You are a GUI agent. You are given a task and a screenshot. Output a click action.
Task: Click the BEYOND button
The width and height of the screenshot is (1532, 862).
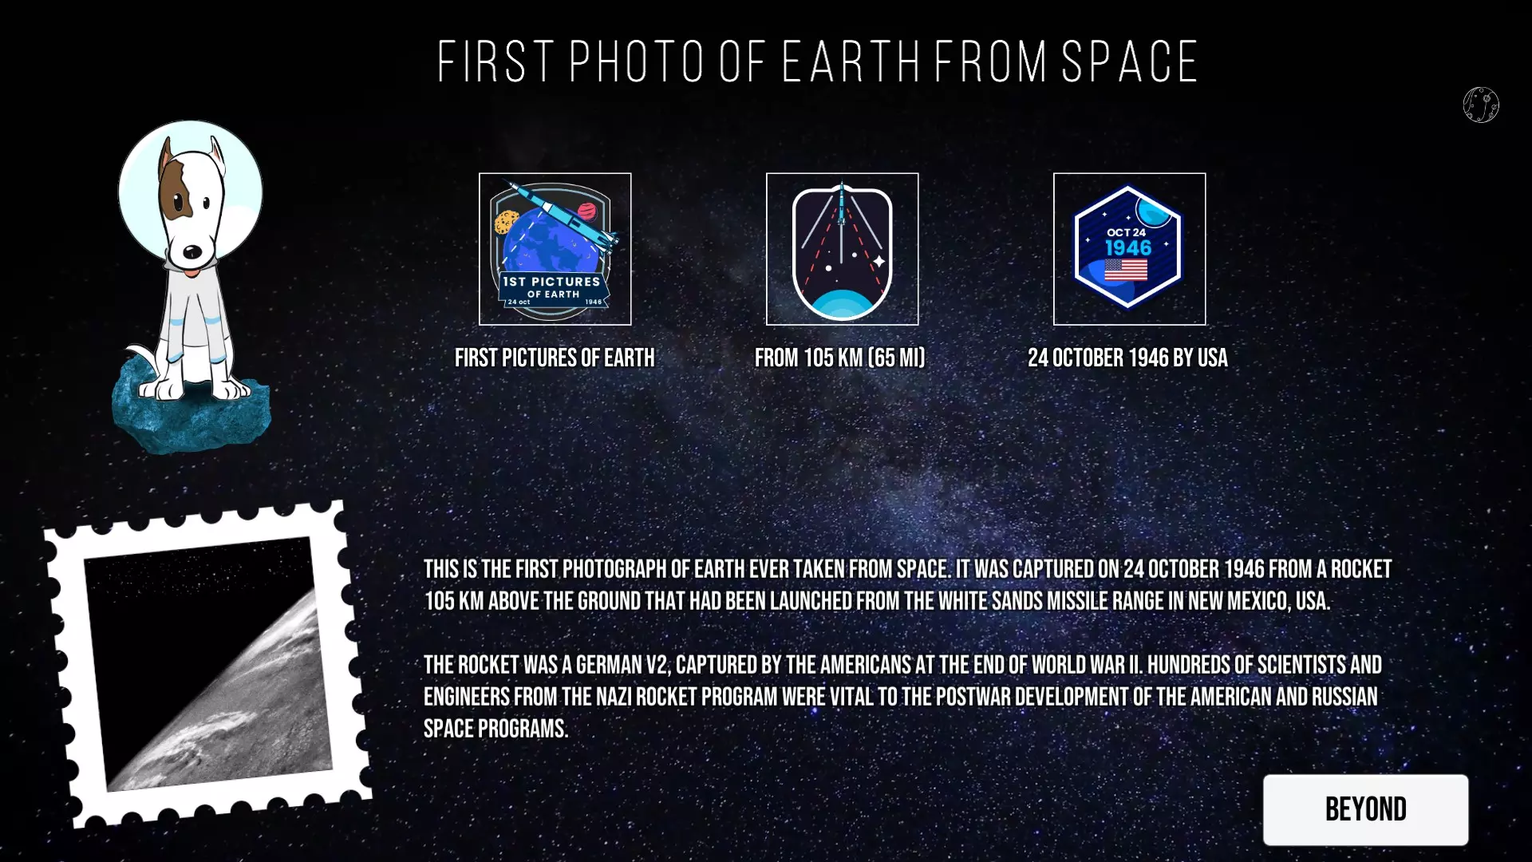(1365, 809)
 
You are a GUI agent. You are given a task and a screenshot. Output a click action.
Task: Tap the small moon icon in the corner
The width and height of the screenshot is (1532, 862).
(1481, 105)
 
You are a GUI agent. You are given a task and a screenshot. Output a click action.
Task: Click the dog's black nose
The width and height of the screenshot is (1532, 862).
(192, 252)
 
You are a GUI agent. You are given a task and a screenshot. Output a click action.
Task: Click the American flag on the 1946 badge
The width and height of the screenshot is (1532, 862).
(1126, 270)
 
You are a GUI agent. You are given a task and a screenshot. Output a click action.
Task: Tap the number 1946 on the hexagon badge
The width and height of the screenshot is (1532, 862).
(1128, 247)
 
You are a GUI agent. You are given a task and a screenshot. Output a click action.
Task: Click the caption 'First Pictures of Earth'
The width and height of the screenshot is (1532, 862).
(555, 358)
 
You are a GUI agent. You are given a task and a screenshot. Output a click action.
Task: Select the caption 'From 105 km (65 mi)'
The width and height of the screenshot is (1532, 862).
(840, 358)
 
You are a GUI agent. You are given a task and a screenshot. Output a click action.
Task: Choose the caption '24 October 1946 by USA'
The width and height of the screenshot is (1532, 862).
(1127, 358)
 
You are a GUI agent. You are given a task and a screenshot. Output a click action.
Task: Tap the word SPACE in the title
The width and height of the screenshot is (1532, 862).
(1130, 61)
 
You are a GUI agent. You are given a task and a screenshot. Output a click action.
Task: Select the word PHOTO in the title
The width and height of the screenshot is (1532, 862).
(637, 61)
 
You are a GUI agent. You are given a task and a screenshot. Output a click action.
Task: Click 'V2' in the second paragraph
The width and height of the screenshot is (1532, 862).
(657, 665)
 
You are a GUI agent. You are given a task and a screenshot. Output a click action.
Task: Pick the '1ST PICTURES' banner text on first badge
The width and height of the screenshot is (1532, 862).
(551, 282)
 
